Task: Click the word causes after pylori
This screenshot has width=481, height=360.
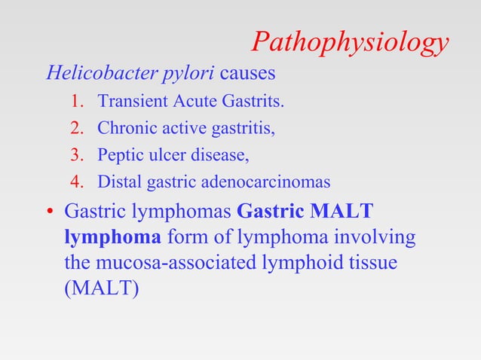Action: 249,75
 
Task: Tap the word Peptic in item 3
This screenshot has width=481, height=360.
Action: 118,155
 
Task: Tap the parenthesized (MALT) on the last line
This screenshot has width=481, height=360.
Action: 102,287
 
